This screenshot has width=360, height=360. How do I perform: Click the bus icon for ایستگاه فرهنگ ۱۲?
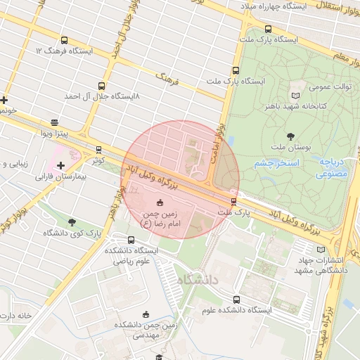click(65, 41)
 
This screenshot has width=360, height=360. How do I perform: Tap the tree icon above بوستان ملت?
click(291, 135)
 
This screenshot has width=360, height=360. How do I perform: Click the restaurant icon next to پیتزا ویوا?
click(56, 122)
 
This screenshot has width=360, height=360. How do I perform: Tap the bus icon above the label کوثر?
click(98, 150)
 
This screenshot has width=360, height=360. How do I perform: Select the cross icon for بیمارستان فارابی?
click(61, 165)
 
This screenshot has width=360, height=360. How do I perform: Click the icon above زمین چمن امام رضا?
click(157, 202)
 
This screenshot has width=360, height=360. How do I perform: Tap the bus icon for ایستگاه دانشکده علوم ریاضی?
click(132, 240)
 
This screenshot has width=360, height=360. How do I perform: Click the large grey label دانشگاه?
click(199, 281)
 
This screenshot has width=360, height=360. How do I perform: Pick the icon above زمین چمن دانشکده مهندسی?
click(146, 314)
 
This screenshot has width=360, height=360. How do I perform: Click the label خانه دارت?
click(17, 316)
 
